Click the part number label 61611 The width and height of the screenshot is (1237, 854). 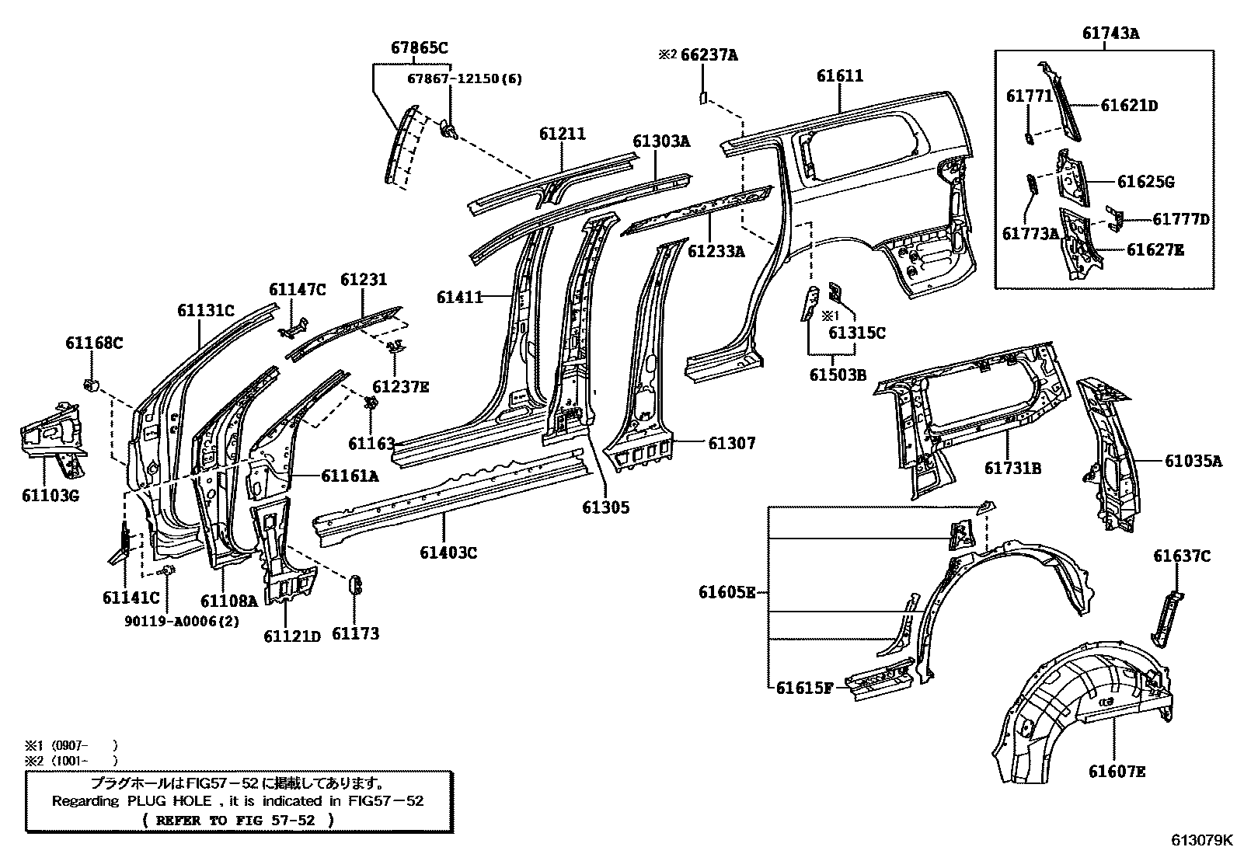(839, 76)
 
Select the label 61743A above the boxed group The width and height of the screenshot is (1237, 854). (1110, 33)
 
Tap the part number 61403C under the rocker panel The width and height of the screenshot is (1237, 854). (448, 552)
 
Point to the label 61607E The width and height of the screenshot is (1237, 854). (1117, 771)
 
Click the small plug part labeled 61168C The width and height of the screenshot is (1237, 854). (90, 383)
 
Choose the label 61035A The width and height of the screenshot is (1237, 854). (1193, 461)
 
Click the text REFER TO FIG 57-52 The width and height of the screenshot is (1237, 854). (239, 819)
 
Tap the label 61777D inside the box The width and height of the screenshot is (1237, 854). (1180, 220)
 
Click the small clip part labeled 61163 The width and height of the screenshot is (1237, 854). (371, 403)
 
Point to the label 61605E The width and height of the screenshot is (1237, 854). (727, 593)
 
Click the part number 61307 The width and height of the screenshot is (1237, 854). (731, 443)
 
